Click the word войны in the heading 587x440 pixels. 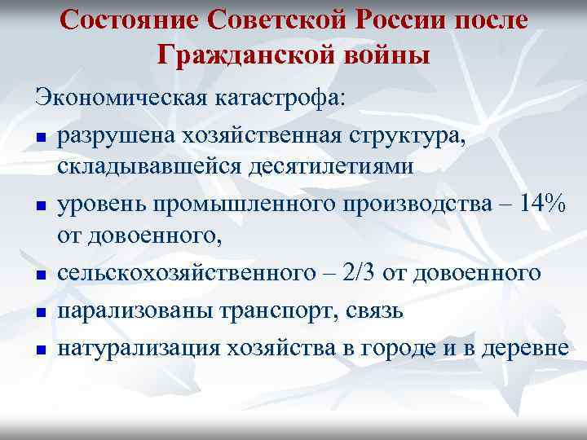pos(383,56)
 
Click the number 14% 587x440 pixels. pos(534,204)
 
